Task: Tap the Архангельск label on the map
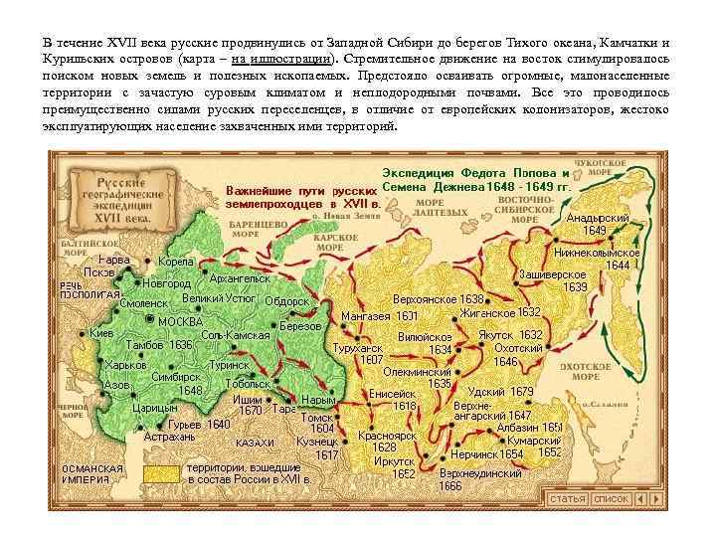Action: [x=240, y=278]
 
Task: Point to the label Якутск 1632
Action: [x=510, y=334]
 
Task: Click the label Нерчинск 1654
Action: [x=487, y=454]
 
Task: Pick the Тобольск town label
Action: [x=248, y=384]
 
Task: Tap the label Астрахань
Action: [x=169, y=437]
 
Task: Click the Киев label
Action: [x=101, y=333]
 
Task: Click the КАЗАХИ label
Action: [x=255, y=443]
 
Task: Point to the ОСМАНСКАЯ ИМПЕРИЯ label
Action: [x=91, y=472]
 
